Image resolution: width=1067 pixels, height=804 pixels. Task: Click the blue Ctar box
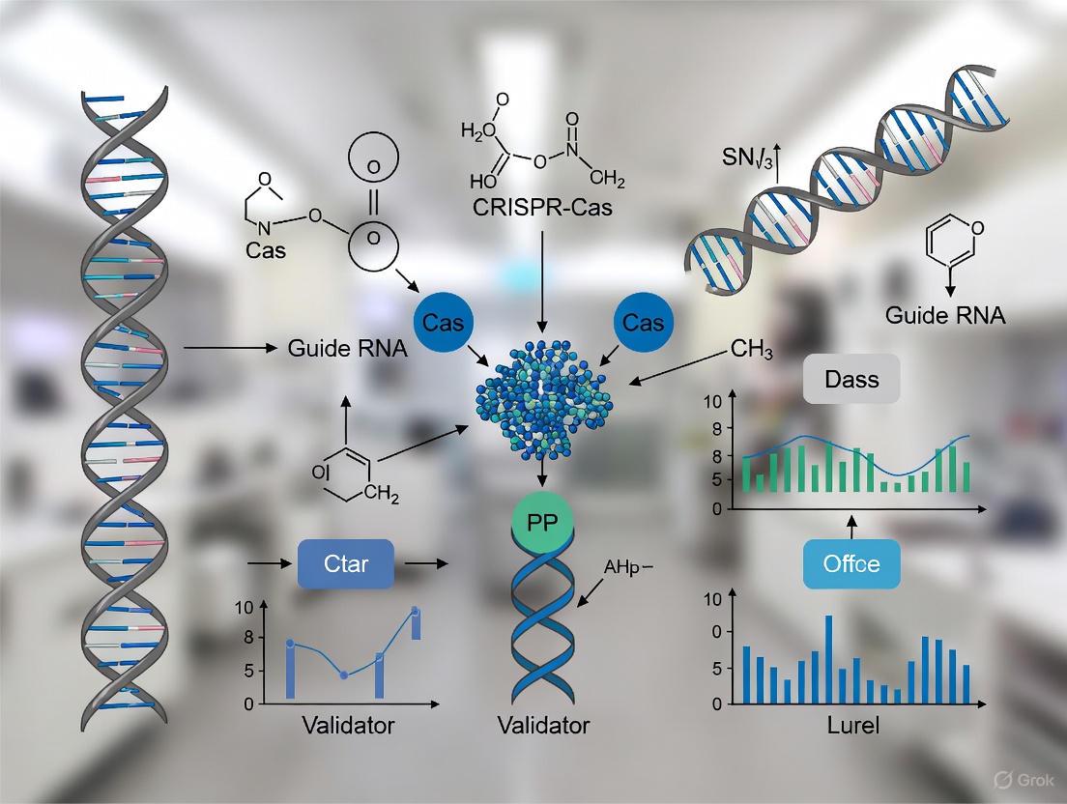[x=346, y=563]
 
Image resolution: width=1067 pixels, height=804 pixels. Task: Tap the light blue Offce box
[x=851, y=563]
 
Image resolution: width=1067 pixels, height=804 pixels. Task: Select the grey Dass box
[x=851, y=380]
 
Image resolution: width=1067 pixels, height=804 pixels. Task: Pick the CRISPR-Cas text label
[x=542, y=208]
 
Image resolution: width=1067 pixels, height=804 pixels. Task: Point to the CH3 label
[x=752, y=350]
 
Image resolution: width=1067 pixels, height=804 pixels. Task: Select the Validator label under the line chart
[x=347, y=726]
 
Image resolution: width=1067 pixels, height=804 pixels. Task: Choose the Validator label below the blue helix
[x=542, y=726]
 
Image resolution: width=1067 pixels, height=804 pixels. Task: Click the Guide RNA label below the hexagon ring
[x=943, y=314]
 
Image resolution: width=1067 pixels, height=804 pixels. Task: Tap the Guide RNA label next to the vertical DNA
[x=348, y=348]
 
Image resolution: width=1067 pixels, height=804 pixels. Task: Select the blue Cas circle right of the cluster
[x=644, y=323]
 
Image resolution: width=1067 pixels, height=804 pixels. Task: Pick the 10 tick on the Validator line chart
[x=242, y=607]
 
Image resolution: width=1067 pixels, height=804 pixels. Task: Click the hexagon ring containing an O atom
[x=952, y=242]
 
